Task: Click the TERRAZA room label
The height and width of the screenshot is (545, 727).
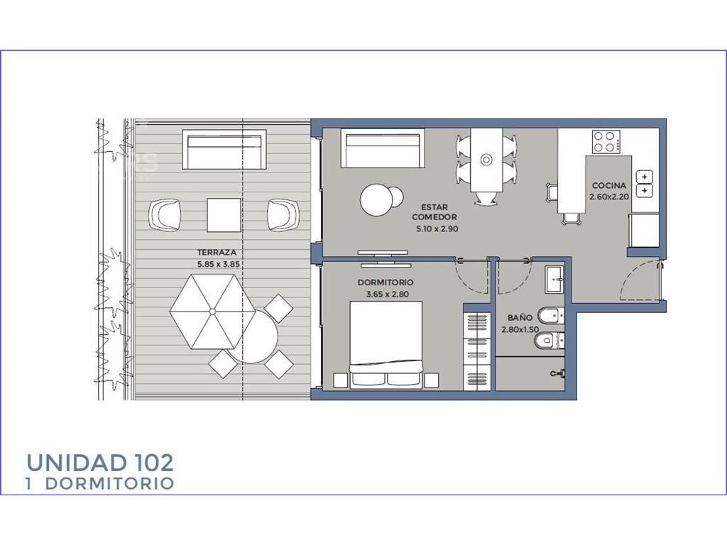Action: (x=217, y=253)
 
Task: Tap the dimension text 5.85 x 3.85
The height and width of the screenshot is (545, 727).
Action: (x=219, y=265)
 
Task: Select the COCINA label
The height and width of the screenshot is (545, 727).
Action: (x=608, y=185)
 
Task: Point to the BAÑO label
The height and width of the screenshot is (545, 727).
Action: (x=520, y=318)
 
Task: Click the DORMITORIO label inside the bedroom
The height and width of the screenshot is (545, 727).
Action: (x=386, y=282)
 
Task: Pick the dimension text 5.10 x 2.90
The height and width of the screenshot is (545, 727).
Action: (x=437, y=229)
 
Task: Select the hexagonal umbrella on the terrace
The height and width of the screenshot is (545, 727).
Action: (x=212, y=312)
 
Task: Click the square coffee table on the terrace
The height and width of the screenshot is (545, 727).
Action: (x=224, y=215)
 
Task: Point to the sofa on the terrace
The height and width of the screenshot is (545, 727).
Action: (x=224, y=150)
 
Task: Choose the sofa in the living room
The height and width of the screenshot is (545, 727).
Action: (x=383, y=148)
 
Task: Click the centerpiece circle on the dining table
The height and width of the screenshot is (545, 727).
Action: (x=486, y=160)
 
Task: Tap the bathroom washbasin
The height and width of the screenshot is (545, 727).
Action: (x=554, y=280)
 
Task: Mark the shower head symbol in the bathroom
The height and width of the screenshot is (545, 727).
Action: (x=558, y=373)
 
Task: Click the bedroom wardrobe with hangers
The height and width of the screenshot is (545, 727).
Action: (x=477, y=352)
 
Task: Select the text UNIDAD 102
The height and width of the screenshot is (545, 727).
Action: (x=100, y=463)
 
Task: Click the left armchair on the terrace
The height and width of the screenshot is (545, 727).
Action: (x=164, y=215)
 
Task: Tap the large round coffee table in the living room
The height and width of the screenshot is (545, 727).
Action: (x=376, y=199)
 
